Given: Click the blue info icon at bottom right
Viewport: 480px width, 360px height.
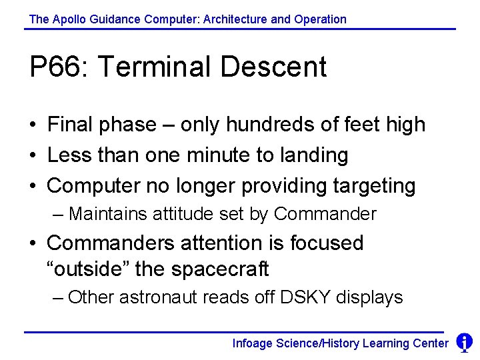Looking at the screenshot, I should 464,343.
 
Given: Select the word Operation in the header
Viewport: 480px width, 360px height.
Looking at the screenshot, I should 319,19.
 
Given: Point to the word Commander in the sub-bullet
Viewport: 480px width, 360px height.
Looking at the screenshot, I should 325,214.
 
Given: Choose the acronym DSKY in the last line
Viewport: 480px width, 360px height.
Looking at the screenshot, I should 305,297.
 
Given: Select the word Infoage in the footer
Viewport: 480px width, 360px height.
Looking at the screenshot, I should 251,343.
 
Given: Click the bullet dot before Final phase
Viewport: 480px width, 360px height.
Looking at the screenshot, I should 33,125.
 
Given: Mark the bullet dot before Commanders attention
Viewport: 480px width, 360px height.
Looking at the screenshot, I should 33,243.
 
